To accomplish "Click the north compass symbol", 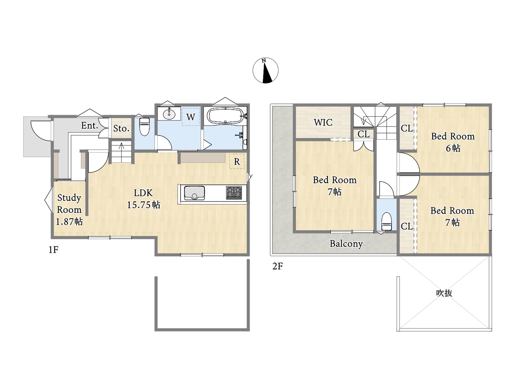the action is [265, 70].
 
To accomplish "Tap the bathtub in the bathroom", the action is [225, 116].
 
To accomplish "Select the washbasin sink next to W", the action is [169, 114].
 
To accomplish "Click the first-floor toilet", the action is [144, 127].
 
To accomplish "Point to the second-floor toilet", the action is [387, 221].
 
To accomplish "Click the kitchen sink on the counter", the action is [194, 193].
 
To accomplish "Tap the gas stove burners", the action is [234, 193].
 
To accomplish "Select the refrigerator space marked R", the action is [237, 161].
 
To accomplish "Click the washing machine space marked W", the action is [191, 117].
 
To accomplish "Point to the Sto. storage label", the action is [121, 128].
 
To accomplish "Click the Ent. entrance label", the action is [89, 125].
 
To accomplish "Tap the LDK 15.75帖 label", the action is [144, 199].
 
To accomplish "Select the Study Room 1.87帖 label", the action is [69, 210].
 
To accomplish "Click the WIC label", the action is [323, 123].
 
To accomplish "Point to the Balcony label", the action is [346, 244].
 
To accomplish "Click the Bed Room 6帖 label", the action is [453, 142].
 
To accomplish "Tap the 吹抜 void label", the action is [444, 293].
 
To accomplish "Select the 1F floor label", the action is [53, 250].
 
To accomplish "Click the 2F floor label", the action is [277, 266].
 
